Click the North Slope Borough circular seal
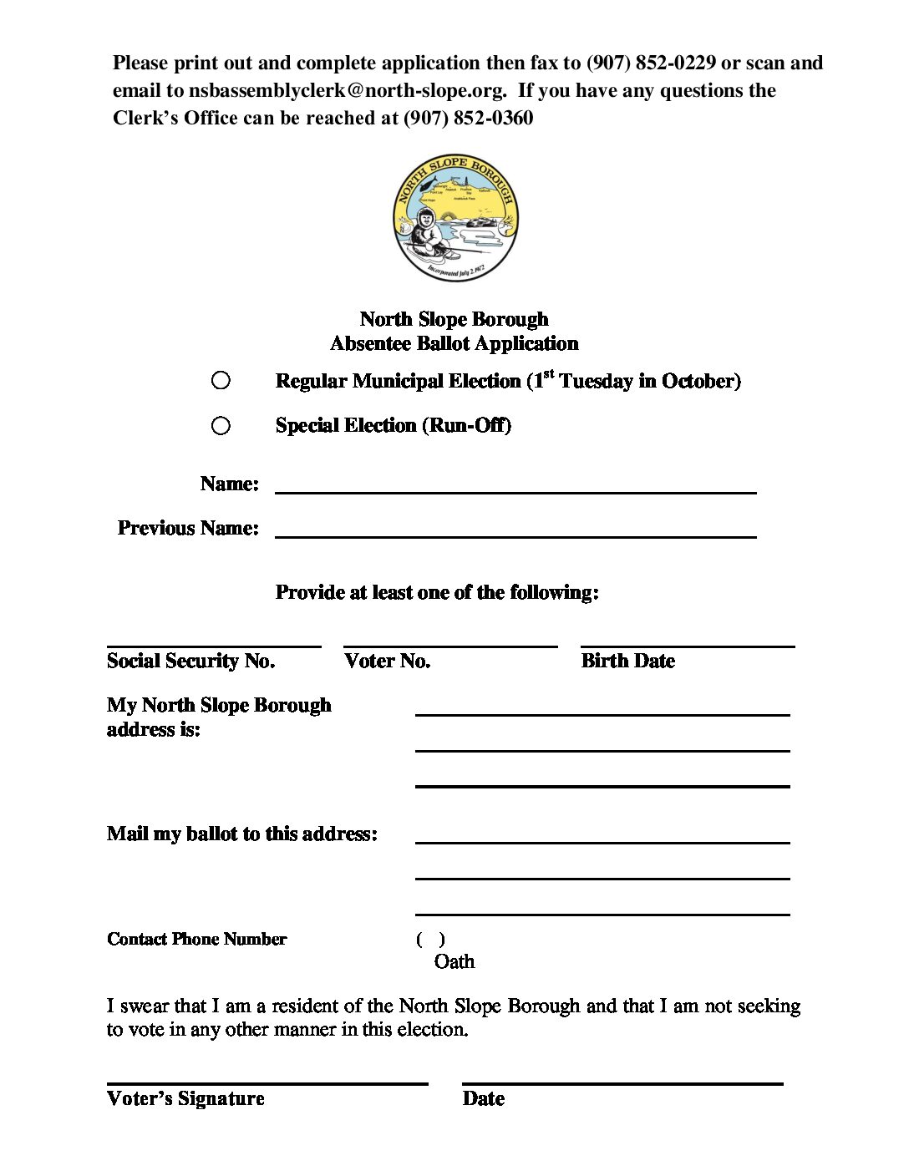pos(455,218)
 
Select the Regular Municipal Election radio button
pos(221,381)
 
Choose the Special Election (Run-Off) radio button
pos(221,426)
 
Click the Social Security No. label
pos(190,661)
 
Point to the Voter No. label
pos(387,661)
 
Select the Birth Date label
pos(627,661)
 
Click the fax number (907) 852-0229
pos(651,63)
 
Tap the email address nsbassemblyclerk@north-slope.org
pos(347,91)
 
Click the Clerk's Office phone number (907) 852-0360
pos(468,119)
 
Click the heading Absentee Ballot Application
pos(454,344)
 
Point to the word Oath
pos(454,962)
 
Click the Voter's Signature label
pos(185,1099)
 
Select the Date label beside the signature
pos(483,1099)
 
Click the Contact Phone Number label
pos(196,940)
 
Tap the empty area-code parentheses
pos(430,940)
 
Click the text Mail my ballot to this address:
pos(241,834)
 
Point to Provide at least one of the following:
pos(437,593)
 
